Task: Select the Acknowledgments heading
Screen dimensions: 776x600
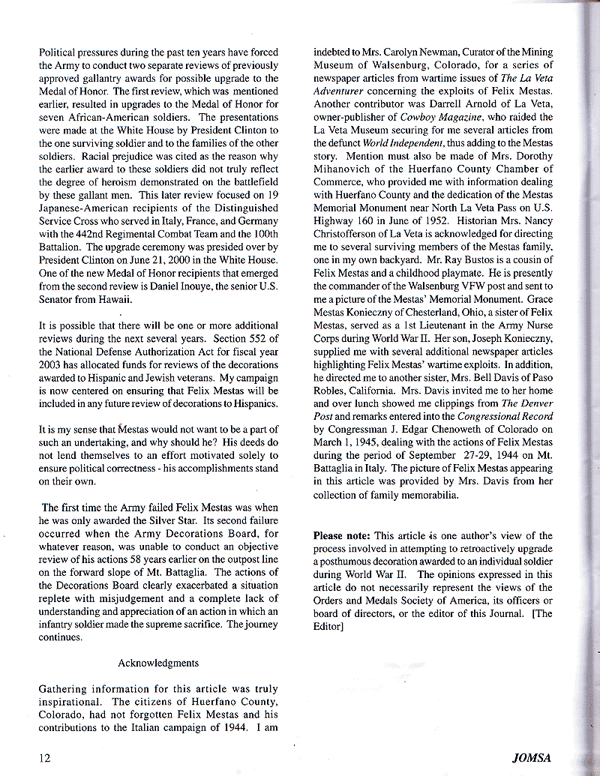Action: pos(158,663)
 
